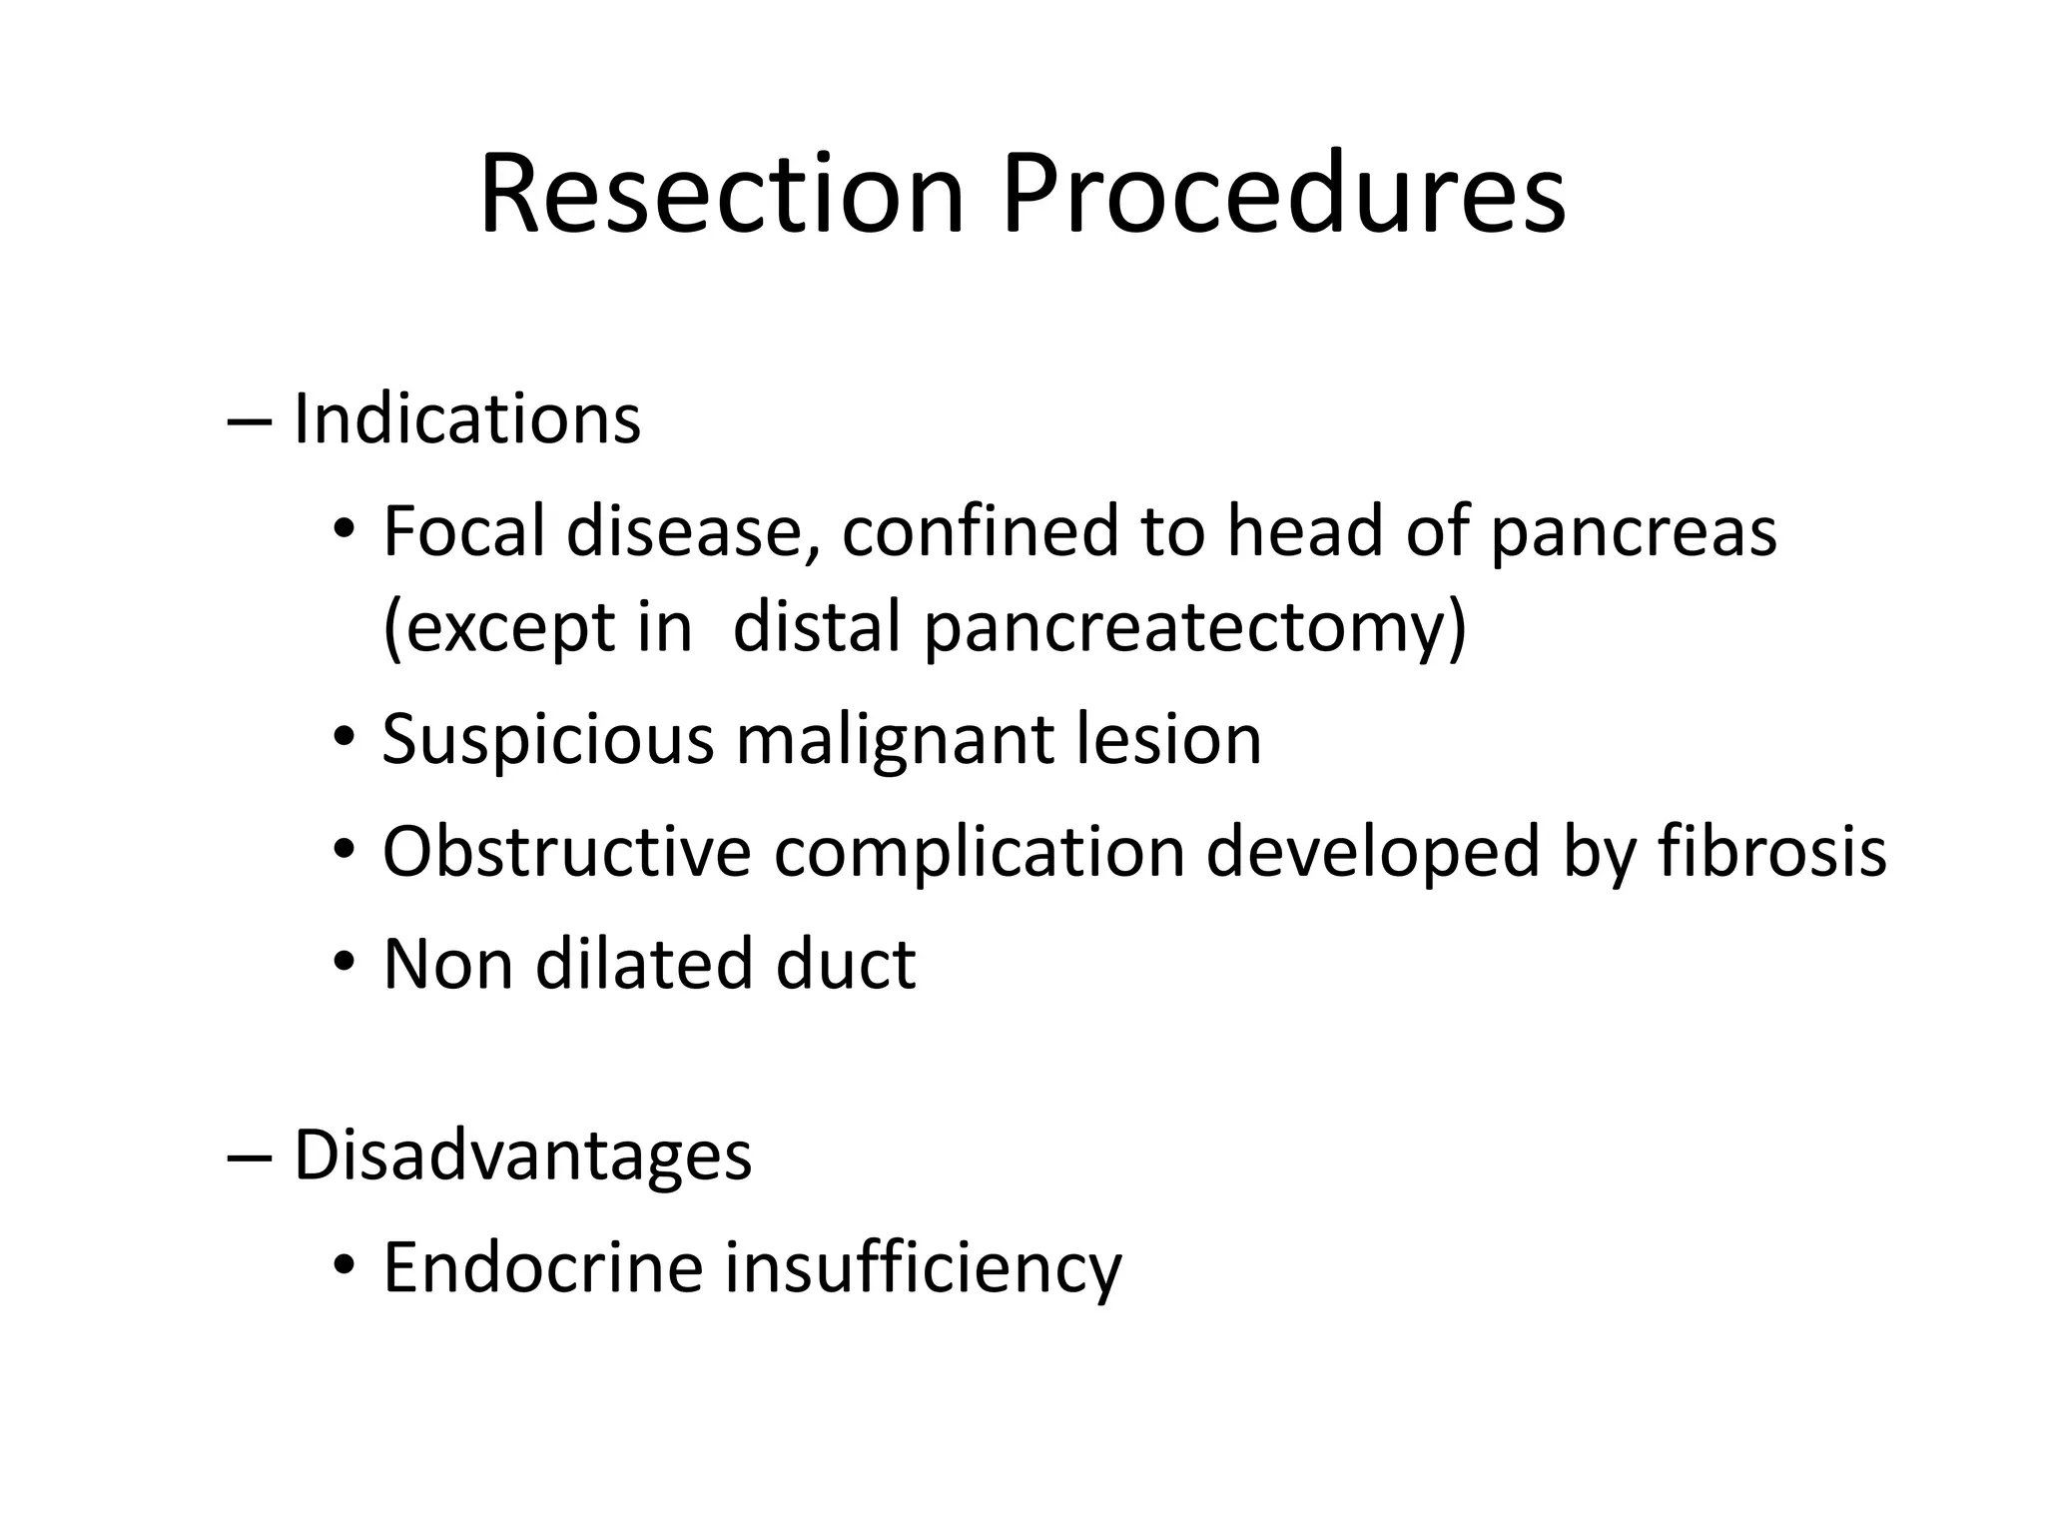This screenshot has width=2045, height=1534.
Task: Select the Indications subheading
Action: (466, 419)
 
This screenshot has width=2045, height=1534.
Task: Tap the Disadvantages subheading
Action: (521, 1155)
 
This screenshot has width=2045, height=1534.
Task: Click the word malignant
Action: (894, 740)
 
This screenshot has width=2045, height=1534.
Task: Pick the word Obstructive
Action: (566, 852)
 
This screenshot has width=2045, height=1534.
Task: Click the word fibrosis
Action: (1772, 852)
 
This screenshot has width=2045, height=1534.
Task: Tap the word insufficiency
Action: (923, 1267)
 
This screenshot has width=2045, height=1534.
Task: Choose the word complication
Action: (979, 852)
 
